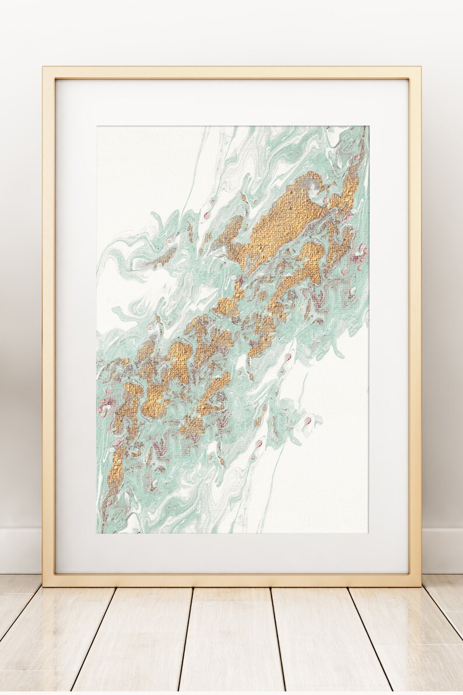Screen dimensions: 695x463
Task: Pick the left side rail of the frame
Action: [x=48, y=327]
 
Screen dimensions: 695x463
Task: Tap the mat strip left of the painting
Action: [x=76, y=327]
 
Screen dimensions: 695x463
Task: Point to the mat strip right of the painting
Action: [x=388, y=327]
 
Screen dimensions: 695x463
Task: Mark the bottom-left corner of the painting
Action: [x=98, y=532]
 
